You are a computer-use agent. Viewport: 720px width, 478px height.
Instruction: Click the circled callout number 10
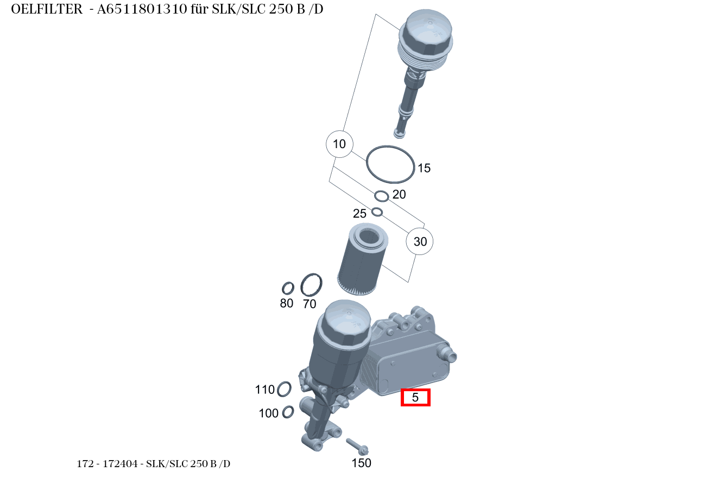pyautogui.click(x=339, y=144)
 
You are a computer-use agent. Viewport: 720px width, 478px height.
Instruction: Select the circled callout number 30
pyautogui.click(x=420, y=241)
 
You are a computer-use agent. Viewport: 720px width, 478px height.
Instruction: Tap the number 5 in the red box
pyautogui.click(x=415, y=397)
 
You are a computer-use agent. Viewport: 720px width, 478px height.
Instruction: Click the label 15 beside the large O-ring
pyautogui.click(x=424, y=168)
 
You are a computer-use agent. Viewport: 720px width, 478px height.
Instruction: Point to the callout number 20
pyautogui.click(x=399, y=194)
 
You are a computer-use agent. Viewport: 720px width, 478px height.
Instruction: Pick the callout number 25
pyautogui.click(x=360, y=213)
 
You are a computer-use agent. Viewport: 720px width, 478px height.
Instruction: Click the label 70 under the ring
pyautogui.click(x=310, y=304)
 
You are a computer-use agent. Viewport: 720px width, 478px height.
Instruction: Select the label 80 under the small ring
pyautogui.click(x=287, y=303)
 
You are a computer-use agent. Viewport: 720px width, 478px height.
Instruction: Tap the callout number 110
pyautogui.click(x=265, y=390)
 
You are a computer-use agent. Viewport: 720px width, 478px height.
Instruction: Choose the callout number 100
pyautogui.click(x=268, y=413)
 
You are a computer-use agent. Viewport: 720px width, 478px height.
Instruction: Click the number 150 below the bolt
pyautogui.click(x=362, y=463)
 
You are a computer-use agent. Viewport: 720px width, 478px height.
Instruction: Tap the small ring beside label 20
pyautogui.click(x=382, y=195)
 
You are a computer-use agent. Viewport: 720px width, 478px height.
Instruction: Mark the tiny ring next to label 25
pyautogui.click(x=377, y=212)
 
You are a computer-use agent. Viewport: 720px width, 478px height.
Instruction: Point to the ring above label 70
pyautogui.click(x=311, y=285)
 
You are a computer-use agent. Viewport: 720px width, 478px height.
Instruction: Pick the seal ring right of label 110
pyautogui.click(x=284, y=388)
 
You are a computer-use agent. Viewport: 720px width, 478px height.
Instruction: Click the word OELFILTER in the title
pyautogui.click(x=47, y=10)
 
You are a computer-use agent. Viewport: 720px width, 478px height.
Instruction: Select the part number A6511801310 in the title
pyautogui.click(x=148, y=10)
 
